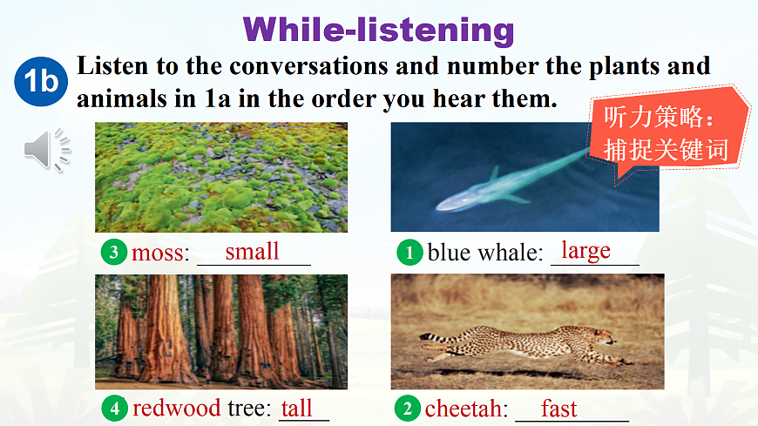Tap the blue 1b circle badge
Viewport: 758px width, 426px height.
pos(41,81)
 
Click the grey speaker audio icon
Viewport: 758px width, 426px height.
pos(47,150)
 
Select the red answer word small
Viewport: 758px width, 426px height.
pos(252,252)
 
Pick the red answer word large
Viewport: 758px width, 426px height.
pos(585,251)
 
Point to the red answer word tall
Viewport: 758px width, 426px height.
pos(296,408)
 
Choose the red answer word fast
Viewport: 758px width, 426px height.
pos(558,409)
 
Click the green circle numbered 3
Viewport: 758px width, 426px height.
pos(113,252)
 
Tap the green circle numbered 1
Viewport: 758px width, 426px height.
pos(409,253)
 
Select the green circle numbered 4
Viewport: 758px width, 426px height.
pos(114,409)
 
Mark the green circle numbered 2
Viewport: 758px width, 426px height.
pos(408,409)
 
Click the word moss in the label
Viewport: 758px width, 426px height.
pos(158,253)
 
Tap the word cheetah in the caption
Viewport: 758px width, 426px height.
pos(464,409)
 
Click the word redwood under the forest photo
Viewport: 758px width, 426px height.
pos(177,408)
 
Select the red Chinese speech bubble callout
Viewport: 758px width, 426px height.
pos(669,133)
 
